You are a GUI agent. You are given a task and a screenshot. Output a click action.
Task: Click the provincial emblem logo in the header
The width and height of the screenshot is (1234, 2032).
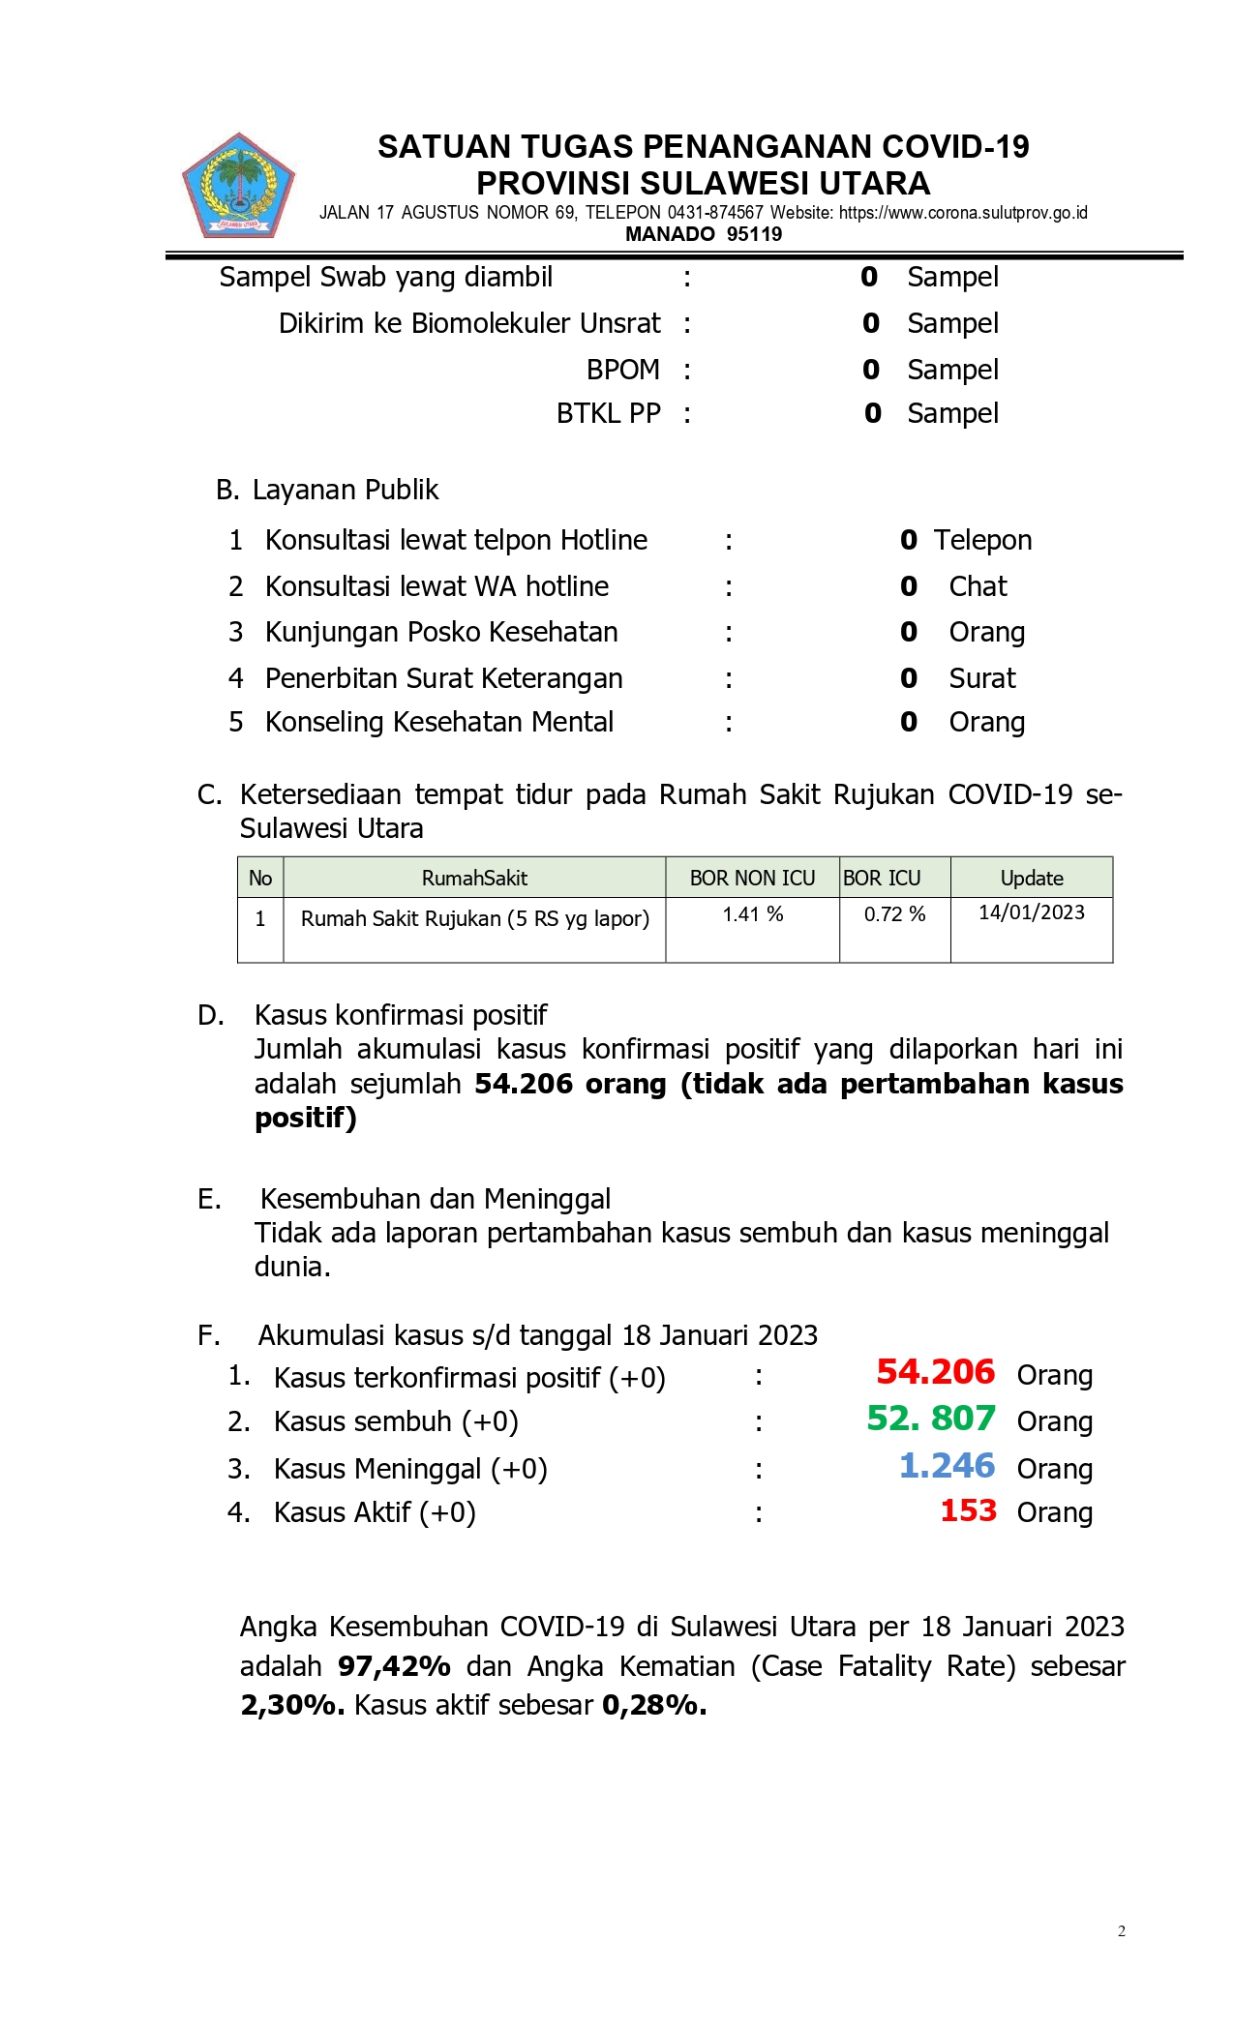(238, 186)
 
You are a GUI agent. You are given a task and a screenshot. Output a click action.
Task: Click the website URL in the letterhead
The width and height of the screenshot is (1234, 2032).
(963, 213)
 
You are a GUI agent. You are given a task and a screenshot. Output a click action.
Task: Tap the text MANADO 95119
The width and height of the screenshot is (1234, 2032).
(704, 234)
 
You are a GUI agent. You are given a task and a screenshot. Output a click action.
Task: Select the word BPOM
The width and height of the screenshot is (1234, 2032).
(622, 370)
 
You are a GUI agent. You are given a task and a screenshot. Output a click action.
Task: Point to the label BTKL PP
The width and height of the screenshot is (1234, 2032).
(608, 414)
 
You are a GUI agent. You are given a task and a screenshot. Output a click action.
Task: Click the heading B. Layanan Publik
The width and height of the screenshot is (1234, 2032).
(327, 491)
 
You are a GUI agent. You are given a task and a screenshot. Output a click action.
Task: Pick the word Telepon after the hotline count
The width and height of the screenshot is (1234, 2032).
(982, 540)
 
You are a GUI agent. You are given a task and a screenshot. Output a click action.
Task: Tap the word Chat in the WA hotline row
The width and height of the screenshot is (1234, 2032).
(978, 586)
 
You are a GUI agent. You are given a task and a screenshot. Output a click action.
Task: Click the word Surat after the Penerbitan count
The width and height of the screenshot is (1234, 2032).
(982, 678)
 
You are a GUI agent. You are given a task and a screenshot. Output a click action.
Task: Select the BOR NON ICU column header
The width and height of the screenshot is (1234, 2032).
(752, 879)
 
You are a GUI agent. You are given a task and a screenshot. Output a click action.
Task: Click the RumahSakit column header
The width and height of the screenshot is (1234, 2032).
(474, 879)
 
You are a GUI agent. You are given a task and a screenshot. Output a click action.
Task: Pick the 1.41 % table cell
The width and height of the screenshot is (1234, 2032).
(752, 914)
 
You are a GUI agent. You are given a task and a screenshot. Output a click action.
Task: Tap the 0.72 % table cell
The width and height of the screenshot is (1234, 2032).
(894, 914)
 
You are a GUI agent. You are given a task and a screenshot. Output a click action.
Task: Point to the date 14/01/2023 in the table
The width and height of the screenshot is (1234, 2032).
(1031, 912)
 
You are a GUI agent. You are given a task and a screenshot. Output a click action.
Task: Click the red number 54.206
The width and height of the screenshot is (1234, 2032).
(935, 1372)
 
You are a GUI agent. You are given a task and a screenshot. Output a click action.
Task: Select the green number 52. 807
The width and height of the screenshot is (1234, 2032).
(930, 1419)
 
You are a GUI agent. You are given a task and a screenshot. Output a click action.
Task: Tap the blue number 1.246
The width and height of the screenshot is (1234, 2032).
(947, 1466)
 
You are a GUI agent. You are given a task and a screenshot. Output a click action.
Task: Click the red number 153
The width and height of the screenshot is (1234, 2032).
(968, 1510)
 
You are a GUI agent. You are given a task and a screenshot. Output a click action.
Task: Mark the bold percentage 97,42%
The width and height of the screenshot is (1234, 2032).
(394, 1666)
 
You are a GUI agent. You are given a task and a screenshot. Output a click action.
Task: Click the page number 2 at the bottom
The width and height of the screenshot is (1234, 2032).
(1122, 1931)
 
